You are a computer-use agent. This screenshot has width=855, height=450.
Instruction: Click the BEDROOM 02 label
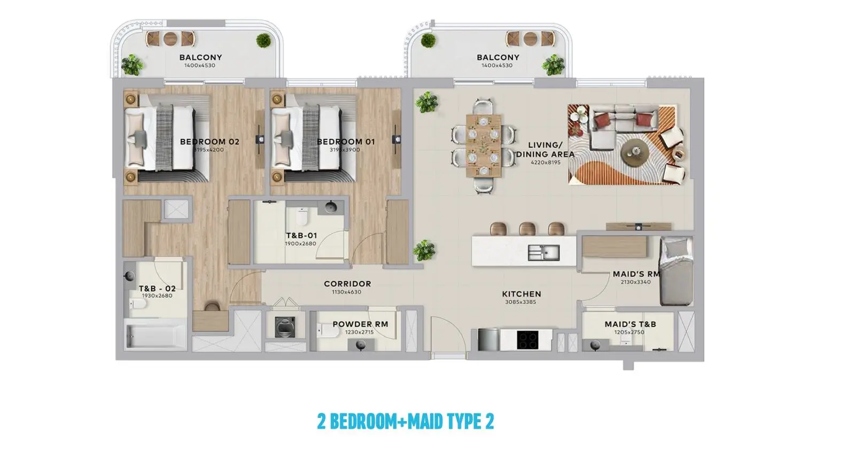click(209, 142)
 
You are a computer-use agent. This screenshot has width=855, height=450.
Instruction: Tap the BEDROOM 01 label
click(346, 142)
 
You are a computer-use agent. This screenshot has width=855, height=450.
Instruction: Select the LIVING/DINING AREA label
click(546, 150)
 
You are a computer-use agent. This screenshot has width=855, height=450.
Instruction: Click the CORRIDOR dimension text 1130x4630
click(347, 292)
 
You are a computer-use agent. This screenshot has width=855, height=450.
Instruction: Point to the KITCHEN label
click(522, 294)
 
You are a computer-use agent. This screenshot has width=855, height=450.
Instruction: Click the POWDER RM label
click(360, 324)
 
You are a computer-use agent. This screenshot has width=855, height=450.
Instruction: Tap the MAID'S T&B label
click(630, 324)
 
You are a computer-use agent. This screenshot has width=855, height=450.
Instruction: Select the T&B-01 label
click(301, 236)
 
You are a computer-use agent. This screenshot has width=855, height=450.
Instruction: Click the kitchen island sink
click(544, 253)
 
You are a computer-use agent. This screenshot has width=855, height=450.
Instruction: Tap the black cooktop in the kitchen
click(527, 340)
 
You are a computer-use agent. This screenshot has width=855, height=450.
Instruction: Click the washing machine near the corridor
click(285, 327)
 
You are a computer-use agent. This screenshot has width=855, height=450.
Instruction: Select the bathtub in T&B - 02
click(156, 336)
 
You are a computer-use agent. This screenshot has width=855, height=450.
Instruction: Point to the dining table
click(484, 146)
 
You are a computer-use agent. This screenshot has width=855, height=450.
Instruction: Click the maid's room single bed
click(677, 271)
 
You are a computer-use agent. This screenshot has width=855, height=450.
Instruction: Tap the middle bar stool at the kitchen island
click(527, 229)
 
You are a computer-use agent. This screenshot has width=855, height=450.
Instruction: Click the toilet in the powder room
click(328, 330)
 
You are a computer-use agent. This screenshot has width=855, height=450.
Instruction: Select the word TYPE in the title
click(464, 421)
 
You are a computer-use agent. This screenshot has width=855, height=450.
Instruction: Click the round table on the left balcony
click(170, 38)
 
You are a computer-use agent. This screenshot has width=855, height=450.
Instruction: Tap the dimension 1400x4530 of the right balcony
click(497, 65)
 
